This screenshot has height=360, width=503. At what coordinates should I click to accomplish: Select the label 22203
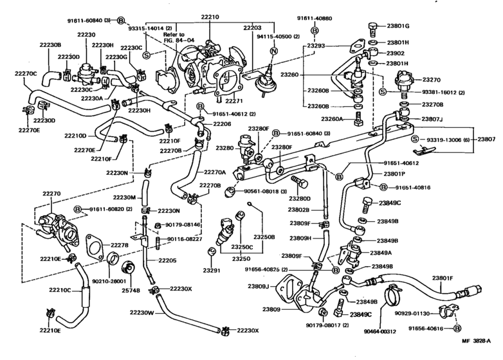click(x=253, y=28)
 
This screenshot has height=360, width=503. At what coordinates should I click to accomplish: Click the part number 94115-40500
click(x=279, y=37)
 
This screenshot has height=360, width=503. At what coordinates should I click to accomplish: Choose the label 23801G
click(x=398, y=26)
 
